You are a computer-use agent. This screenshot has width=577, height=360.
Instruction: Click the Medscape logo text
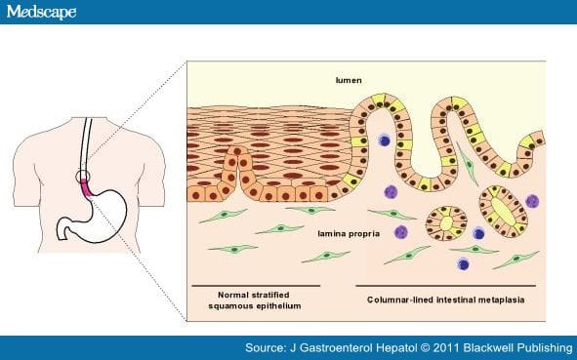click(x=41, y=13)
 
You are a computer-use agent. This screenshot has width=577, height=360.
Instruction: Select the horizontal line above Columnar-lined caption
click(x=441, y=286)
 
